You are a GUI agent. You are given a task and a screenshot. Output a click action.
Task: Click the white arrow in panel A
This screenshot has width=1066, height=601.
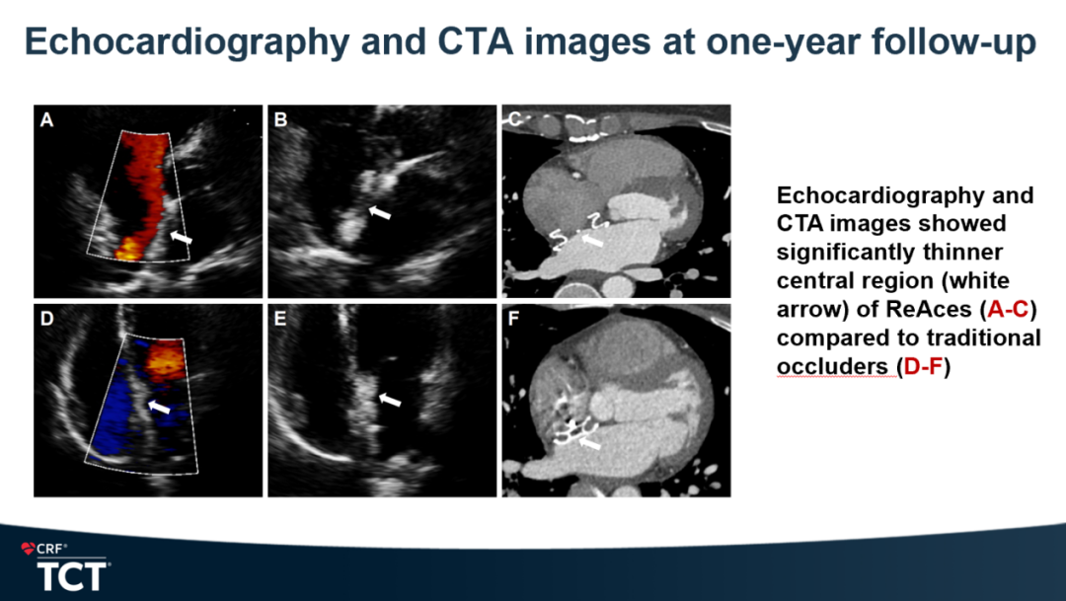pyautogui.click(x=181, y=237)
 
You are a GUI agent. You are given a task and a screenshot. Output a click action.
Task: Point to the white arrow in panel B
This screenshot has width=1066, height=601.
pyautogui.click(x=380, y=213)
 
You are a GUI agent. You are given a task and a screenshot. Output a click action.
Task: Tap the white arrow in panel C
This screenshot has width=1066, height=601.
pyautogui.click(x=593, y=240)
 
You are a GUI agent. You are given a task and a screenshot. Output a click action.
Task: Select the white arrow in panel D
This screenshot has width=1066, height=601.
pyautogui.click(x=159, y=407)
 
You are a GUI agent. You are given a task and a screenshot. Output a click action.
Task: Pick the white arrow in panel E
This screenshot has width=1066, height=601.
pyautogui.click(x=390, y=399)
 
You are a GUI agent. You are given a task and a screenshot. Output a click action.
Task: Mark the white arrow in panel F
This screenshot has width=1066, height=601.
pyautogui.click(x=590, y=442)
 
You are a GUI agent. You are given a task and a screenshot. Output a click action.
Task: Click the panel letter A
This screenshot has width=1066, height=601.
pyautogui.click(x=46, y=119)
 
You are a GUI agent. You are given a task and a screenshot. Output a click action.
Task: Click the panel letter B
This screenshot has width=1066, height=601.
pyautogui.click(x=280, y=119)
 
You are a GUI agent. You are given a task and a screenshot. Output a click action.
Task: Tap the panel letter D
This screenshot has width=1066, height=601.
pyautogui.click(x=46, y=318)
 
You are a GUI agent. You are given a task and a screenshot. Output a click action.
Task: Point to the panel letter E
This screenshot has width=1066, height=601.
pyautogui.click(x=280, y=318)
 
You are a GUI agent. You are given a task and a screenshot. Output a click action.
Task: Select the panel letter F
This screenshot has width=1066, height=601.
pyautogui.click(x=514, y=318)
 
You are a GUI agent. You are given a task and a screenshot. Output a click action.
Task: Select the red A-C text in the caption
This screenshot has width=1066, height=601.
pyautogui.click(x=1008, y=309)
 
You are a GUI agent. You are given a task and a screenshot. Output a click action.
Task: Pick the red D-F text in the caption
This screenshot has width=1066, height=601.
pyautogui.click(x=923, y=367)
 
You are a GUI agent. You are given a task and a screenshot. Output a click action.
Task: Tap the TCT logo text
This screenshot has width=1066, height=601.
pyautogui.click(x=72, y=576)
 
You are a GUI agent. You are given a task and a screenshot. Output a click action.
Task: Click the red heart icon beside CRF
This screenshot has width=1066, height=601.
pyautogui.click(x=28, y=548)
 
